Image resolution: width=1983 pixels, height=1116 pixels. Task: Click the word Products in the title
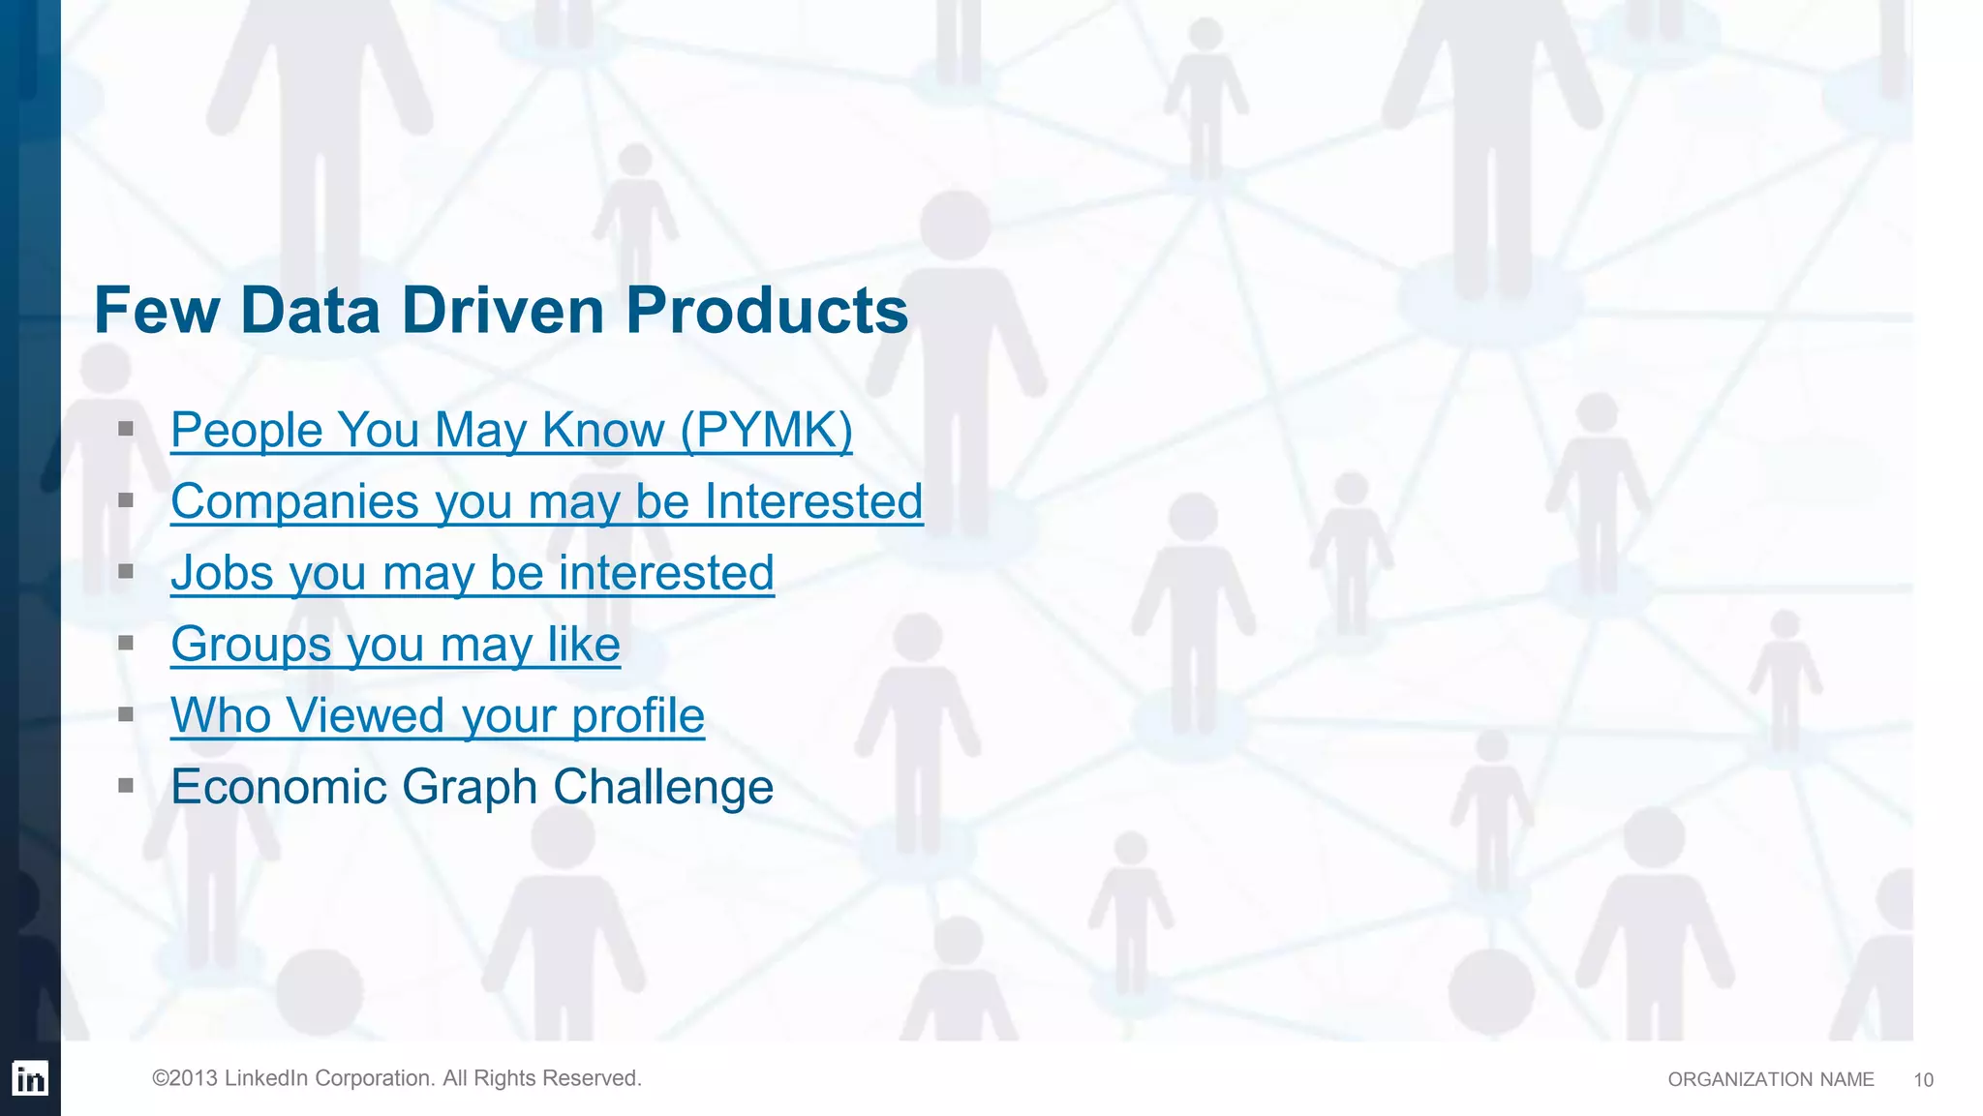pyautogui.click(x=767, y=312)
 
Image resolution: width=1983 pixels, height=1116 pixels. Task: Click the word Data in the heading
pyautogui.click(x=309, y=312)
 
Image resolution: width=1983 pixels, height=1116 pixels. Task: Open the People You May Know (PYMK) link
pyautogui.click(x=511, y=430)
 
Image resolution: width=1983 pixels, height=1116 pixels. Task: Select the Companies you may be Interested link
pyautogui.click(x=546, y=501)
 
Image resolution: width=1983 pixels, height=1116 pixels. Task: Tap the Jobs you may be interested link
pyautogui.click(x=473, y=573)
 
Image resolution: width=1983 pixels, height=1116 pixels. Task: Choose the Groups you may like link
pyautogui.click(x=395, y=645)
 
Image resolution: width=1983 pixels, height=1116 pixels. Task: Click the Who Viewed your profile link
pyautogui.click(x=437, y=716)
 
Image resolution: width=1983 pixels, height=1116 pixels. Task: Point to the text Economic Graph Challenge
pyautogui.click(x=472, y=787)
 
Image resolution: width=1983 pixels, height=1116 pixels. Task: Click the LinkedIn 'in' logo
pyautogui.click(x=30, y=1078)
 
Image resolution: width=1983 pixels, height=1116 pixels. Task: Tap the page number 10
pyautogui.click(x=1923, y=1080)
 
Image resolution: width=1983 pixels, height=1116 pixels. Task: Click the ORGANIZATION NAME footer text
pyautogui.click(x=1770, y=1080)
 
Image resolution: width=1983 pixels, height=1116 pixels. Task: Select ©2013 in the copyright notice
pyautogui.click(x=184, y=1078)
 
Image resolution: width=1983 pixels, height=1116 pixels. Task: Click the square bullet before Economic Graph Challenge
pyautogui.click(x=126, y=786)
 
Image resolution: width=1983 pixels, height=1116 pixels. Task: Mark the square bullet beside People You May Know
pyautogui.click(x=126, y=428)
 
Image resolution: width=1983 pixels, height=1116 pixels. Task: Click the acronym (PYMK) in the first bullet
pyautogui.click(x=766, y=430)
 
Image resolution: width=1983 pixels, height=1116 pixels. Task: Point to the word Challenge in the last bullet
pyautogui.click(x=662, y=787)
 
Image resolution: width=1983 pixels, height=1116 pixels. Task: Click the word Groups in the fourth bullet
pyautogui.click(x=251, y=645)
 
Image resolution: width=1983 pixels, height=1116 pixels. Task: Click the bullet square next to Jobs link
pyautogui.click(x=126, y=571)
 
